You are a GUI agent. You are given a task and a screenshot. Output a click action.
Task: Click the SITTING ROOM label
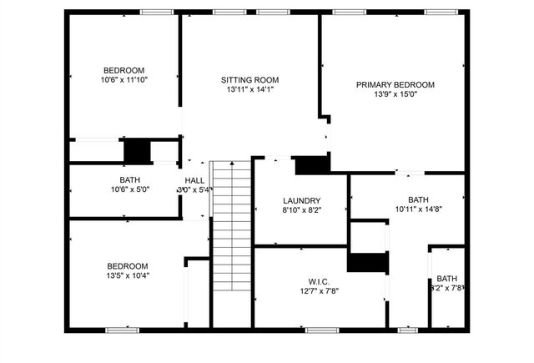pos(249,79)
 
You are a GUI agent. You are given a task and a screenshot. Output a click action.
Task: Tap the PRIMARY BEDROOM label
pos(395,84)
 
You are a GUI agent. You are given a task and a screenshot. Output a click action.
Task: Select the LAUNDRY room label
pos(302,200)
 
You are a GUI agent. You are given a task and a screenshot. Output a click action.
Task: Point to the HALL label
pos(194,180)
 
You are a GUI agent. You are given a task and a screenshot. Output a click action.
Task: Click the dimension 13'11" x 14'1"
pos(249,89)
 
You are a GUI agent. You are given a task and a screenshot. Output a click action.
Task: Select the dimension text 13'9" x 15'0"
pos(395,94)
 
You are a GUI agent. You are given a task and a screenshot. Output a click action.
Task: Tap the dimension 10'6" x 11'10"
pos(123,80)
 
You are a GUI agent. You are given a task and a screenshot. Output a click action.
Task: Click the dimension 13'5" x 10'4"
pos(128,275)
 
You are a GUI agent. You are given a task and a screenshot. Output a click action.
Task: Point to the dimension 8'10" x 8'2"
pos(302,210)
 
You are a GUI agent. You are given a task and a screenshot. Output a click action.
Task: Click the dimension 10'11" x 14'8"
pos(418,209)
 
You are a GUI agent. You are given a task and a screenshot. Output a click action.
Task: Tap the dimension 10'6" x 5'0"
pos(129,189)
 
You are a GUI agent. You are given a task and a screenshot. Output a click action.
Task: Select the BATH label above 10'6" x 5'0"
pos(129,179)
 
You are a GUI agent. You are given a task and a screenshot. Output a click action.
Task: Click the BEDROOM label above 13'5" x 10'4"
pos(128,265)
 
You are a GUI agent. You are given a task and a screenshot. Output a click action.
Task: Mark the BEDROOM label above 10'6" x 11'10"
pos(123,70)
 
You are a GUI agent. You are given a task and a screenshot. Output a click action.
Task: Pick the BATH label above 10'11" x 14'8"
pos(418,199)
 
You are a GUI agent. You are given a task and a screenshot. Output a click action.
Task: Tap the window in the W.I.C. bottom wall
pos(320,330)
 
